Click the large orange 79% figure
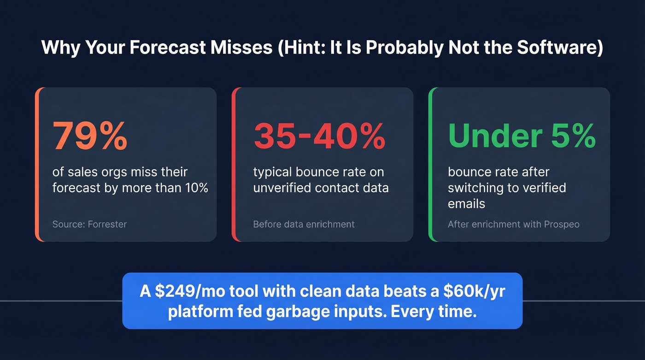coord(90,136)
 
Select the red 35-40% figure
coord(319,136)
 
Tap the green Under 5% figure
coord(522,136)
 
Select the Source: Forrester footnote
coord(89,224)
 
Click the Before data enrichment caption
coord(304,224)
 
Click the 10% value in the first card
coord(197,188)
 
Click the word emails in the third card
coord(466,203)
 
